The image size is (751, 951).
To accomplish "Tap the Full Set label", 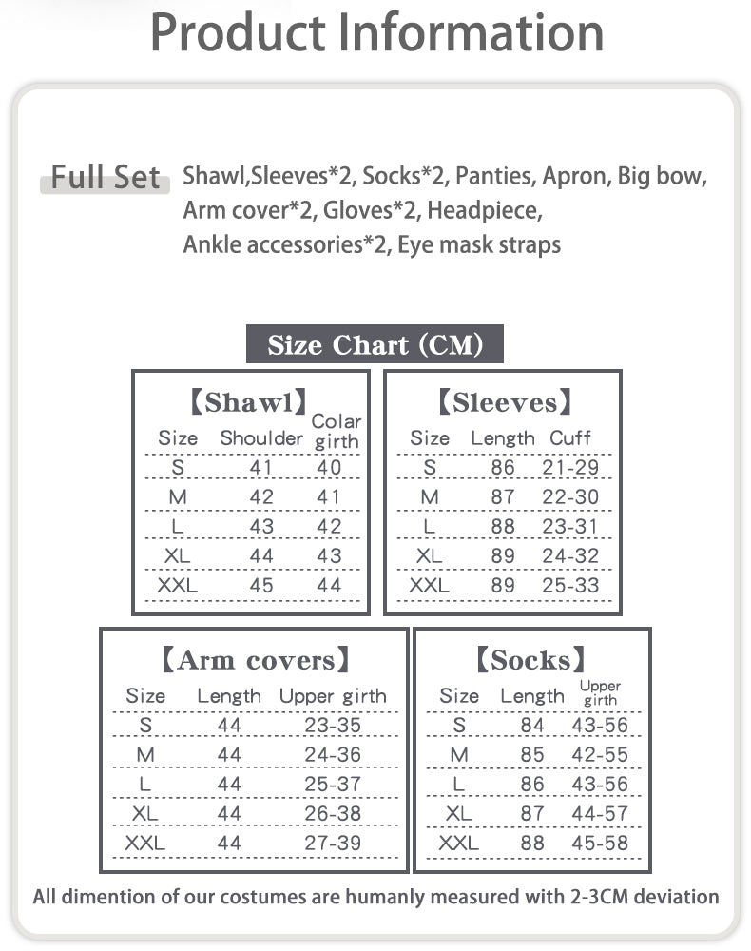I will (x=105, y=177).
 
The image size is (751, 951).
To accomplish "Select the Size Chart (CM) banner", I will (x=375, y=344).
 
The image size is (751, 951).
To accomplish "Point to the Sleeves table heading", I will (x=504, y=402).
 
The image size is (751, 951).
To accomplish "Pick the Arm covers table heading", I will (x=256, y=660).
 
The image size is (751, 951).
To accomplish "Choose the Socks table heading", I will (x=530, y=660).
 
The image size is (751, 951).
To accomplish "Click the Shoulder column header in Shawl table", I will (x=261, y=438).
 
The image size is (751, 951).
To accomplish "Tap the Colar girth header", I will (x=337, y=431).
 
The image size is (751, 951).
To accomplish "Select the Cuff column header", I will (x=570, y=438).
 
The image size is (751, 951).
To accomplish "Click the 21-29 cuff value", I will (x=570, y=468).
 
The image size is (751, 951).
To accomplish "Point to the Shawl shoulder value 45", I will (x=261, y=586).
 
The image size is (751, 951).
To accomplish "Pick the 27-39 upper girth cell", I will (x=333, y=843).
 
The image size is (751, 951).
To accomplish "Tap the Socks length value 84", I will (x=532, y=726).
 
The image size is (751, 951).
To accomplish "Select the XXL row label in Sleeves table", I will (x=429, y=586).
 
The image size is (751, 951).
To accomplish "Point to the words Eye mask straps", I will (x=479, y=244).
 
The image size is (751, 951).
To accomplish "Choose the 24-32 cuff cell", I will (x=570, y=556).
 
